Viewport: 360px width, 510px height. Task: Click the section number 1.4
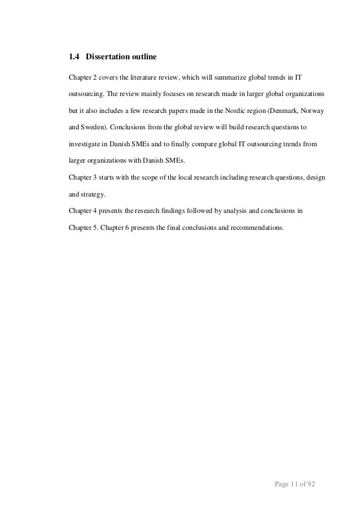(x=74, y=57)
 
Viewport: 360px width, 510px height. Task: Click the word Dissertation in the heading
(x=108, y=57)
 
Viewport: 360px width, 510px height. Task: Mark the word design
(x=314, y=177)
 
